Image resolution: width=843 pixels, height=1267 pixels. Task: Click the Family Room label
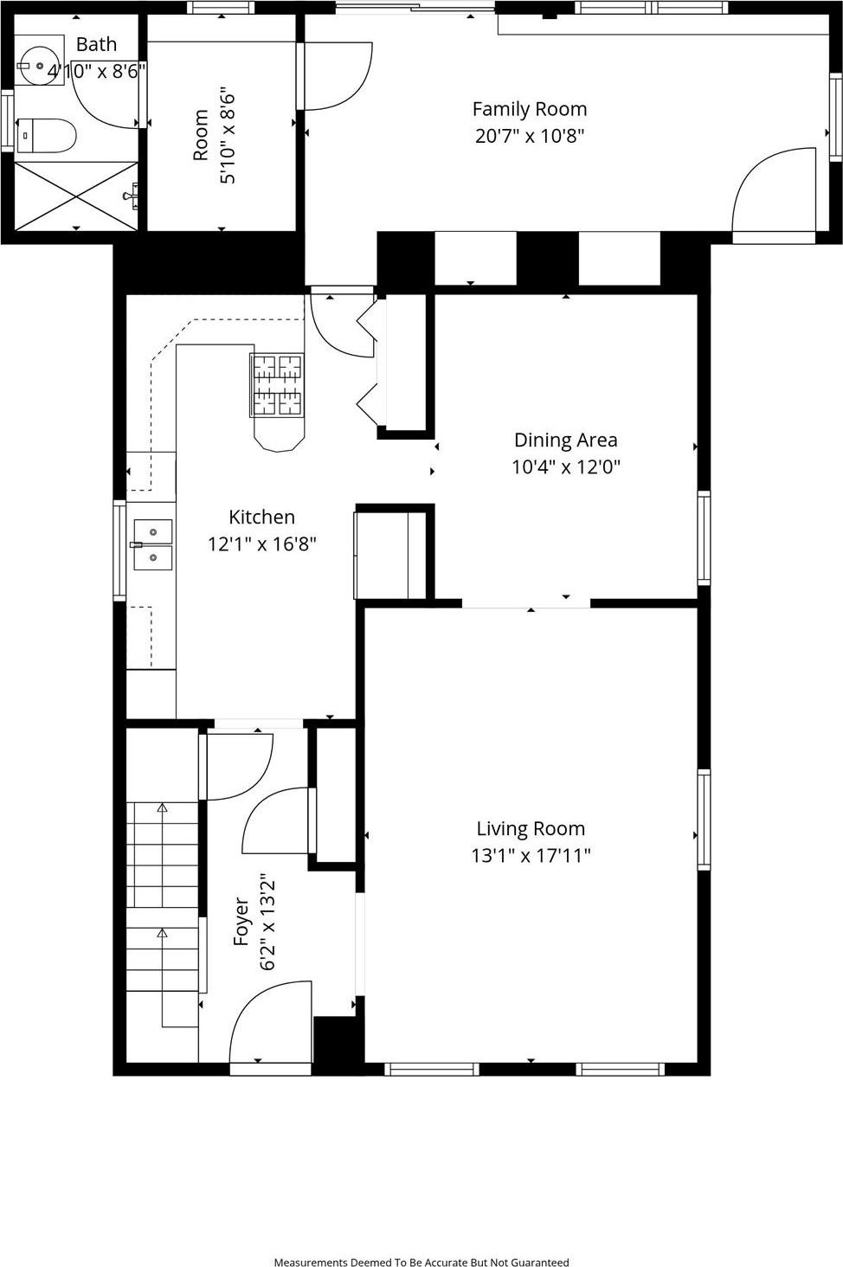529,109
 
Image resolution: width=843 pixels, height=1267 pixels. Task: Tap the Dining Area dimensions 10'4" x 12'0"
565,467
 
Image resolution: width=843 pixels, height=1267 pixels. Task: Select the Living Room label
531,828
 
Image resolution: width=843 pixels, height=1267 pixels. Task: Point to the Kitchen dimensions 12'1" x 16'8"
261,544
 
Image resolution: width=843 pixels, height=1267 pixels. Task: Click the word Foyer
242,921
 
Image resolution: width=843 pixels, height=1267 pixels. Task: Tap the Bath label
96,44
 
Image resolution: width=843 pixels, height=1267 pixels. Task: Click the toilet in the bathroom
47,135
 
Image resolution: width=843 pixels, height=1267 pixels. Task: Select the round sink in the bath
39,64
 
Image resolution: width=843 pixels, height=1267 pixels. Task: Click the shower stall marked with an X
76,196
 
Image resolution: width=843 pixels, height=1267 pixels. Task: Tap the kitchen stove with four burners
277,385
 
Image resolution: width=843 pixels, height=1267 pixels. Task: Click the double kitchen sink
152,545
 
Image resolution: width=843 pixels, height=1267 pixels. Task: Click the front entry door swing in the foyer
270,1026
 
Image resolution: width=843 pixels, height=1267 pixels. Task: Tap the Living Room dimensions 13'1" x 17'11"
531,856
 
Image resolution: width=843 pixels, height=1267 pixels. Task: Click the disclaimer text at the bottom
421,1262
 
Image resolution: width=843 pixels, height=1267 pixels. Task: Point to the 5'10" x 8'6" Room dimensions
227,134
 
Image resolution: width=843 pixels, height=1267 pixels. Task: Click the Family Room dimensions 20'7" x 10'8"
529,136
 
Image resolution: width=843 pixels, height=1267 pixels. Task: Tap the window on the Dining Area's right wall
704,537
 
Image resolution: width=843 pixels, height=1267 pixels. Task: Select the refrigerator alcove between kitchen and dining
390,555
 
